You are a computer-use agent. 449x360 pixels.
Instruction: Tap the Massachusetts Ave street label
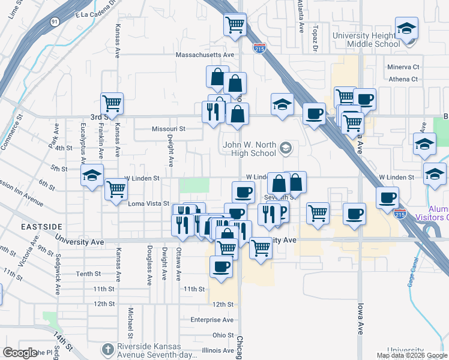pyautogui.click(x=204, y=55)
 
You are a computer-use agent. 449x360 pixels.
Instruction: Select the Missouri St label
pyautogui.click(x=168, y=128)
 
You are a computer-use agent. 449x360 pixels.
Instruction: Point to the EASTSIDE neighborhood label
pyautogui.click(x=41, y=227)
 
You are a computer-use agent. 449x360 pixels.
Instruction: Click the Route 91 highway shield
pyautogui.click(x=55, y=22)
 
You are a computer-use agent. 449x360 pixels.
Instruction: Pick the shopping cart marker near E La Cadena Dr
pyautogui.click(x=235, y=25)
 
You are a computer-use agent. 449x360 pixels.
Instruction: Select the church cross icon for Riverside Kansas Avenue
pyautogui.click(x=107, y=349)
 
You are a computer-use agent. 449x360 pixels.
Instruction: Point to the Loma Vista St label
pyautogui.click(x=149, y=204)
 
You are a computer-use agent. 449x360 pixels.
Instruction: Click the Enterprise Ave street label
pyautogui.click(x=211, y=320)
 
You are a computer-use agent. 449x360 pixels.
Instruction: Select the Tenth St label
pyautogui.click(x=88, y=274)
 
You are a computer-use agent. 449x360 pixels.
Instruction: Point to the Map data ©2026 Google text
pyautogui.click(x=411, y=355)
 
